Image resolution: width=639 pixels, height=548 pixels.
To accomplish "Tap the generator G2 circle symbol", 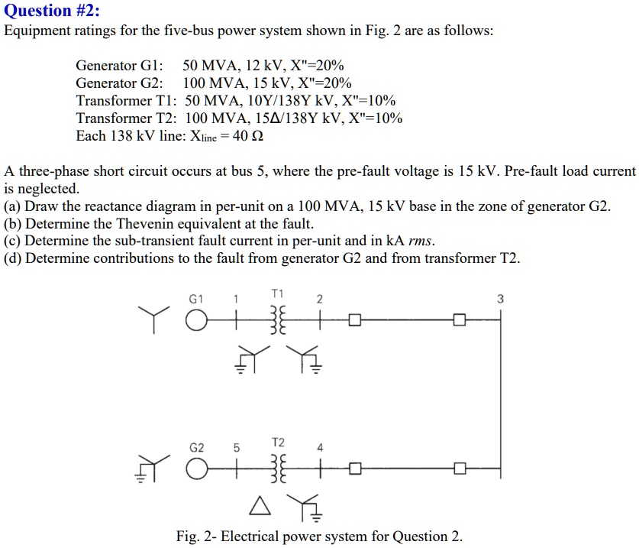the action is [195, 469].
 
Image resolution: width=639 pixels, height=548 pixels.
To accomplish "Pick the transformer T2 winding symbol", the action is [276, 469].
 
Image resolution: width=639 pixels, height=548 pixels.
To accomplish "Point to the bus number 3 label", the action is [500, 299].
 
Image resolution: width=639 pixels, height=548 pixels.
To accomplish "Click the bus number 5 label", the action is [237, 448].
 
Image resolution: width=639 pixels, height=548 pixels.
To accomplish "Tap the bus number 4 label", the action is [321, 448].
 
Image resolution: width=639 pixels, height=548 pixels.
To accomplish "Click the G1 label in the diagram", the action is [196, 299].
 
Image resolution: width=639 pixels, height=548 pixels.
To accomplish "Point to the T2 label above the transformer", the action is [277, 443].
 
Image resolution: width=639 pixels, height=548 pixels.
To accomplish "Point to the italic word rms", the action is [421, 241].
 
